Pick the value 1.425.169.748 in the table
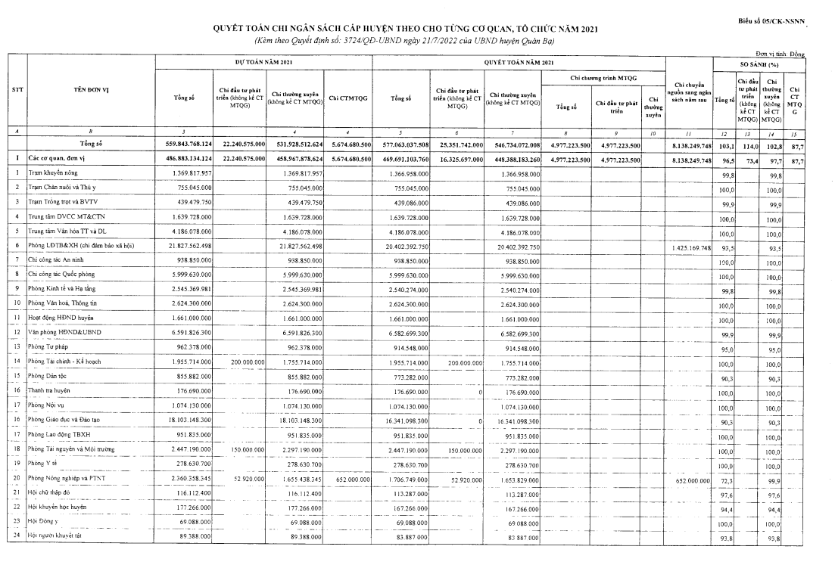click(x=689, y=247)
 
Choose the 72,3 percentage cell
click(x=727, y=479)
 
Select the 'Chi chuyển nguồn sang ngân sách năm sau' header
click(x=689, y=92)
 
